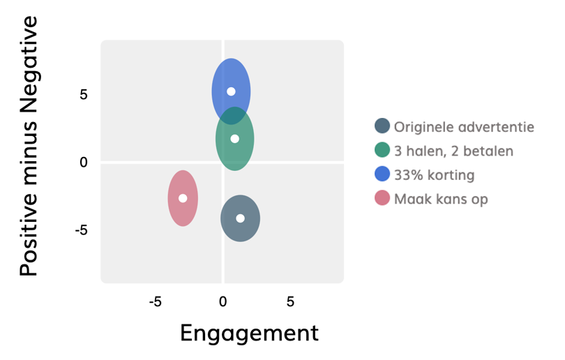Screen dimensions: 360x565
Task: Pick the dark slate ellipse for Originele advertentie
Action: coord(241,227)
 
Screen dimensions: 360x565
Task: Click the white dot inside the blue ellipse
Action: coord(231,91)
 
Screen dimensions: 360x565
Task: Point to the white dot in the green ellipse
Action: coord(235,138)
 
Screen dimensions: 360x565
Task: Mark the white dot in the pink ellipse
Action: coord(183,197)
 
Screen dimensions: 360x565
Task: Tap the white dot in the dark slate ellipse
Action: coord(241,218)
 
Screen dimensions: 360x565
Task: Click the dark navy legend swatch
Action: coord(382,126)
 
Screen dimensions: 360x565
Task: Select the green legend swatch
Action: coord(382,150)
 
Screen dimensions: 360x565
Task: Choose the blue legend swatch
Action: coord(382,174)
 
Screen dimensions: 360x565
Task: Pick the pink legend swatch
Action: coord(382,199)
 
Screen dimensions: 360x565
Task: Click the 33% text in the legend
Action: coord(408,174)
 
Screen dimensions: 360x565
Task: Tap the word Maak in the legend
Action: coord(410,199)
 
